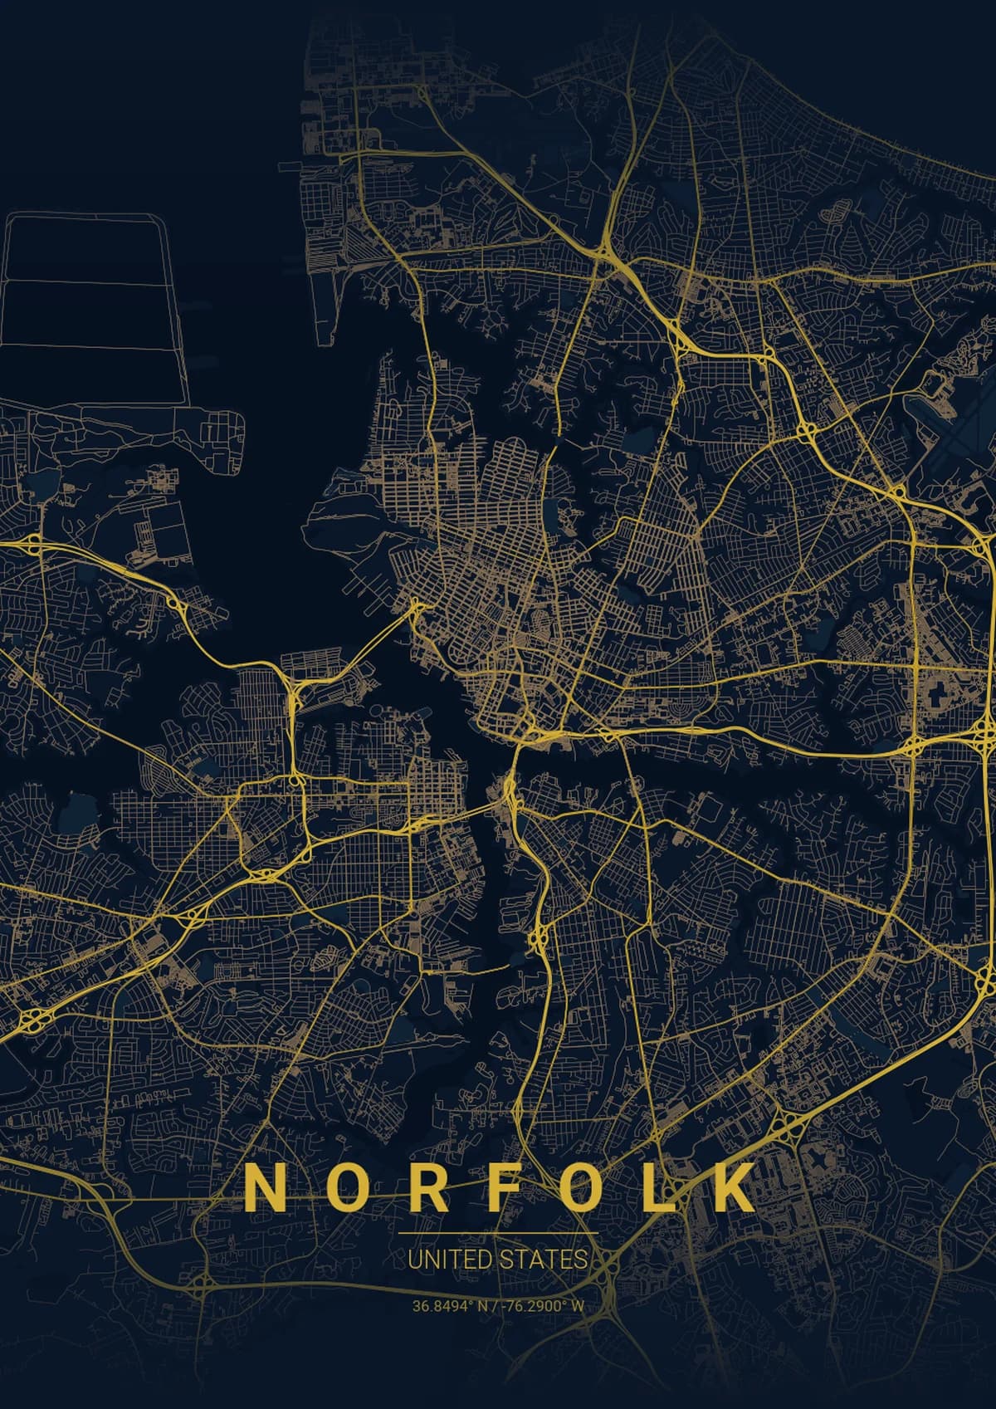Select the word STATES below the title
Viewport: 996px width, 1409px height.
coord(543,1260)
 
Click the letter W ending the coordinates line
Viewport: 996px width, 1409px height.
coord(578,1306)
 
